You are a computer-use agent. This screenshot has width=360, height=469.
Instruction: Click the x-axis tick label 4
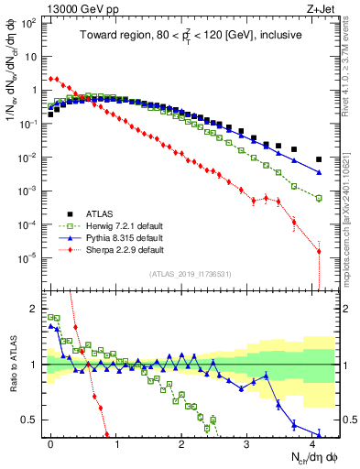point(312,442)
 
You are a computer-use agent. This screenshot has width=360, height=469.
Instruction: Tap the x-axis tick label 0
point(50,442)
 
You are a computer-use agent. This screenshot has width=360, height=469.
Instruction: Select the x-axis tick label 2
point(181,442)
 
